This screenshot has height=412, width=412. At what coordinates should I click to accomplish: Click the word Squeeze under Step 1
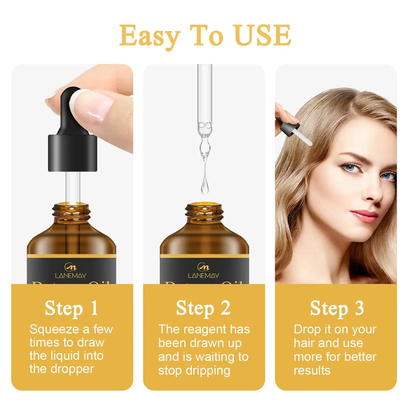[x=54, y=330]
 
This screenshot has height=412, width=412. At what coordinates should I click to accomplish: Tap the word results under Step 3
[x=312, y=370]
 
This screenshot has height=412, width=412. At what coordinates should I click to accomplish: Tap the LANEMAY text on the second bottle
[x=203, y=276]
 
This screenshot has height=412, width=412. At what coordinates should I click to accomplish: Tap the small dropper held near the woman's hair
[x=294, y=130]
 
